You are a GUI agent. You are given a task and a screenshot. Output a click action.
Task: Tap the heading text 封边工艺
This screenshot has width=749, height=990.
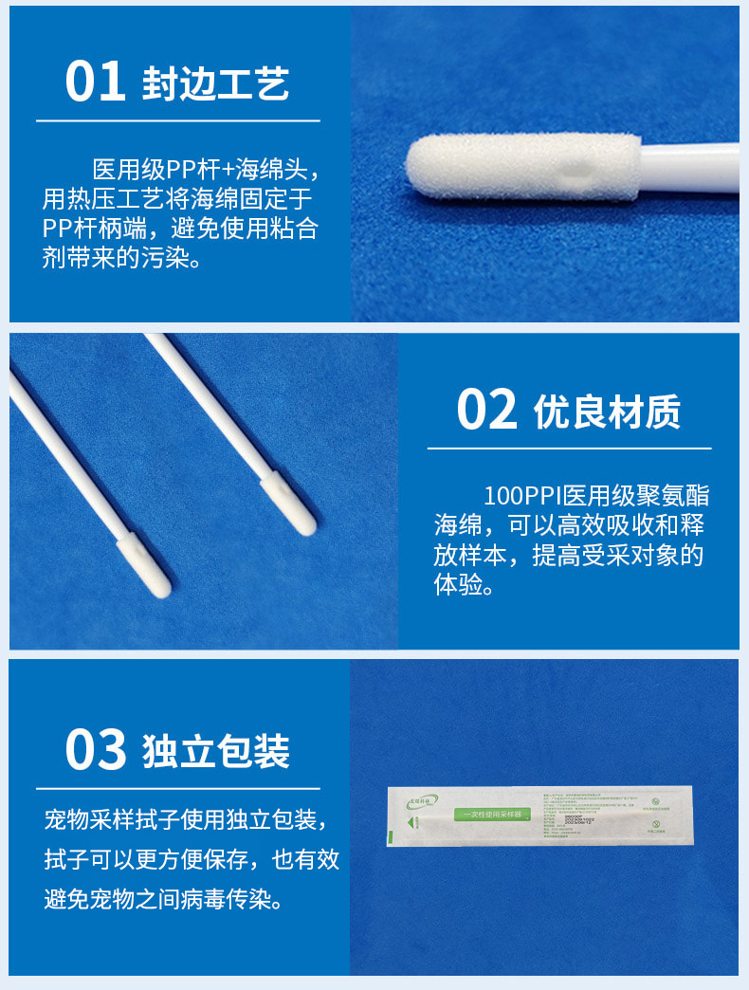pos(215,83)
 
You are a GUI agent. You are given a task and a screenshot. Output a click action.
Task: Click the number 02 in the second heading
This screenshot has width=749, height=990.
pos(486,410)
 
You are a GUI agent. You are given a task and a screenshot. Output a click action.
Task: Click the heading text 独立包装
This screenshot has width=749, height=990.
pos(215,751)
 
